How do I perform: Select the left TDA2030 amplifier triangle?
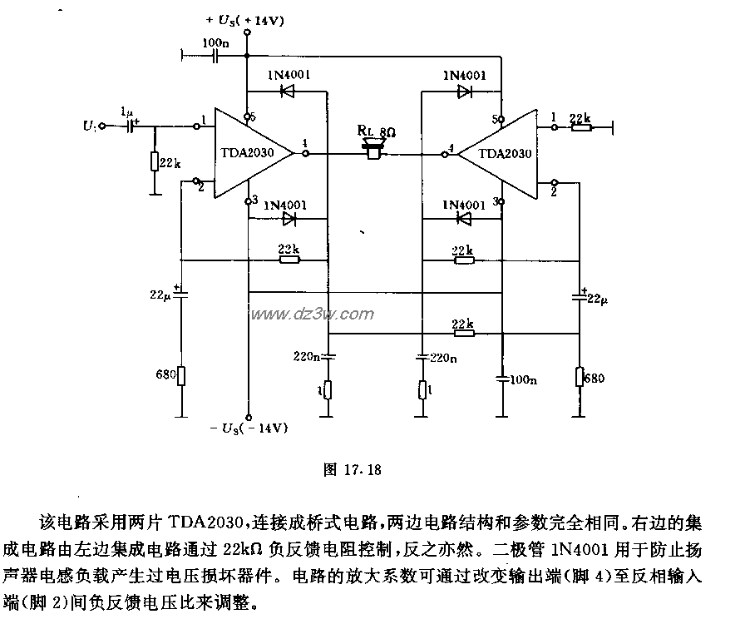[250, 153]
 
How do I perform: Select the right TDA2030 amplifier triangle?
[500, 153]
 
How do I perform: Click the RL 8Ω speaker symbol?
[372, 151]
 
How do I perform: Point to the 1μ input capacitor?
[130, 126]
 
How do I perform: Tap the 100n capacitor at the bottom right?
[502, 379]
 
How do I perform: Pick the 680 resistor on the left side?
[182, 376]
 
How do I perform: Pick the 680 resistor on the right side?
[580, 376]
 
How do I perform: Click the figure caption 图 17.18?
[351, 469]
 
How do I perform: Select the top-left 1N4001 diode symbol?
[289, 92]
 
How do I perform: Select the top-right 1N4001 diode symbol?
[463, 92]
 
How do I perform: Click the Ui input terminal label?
[91, 126]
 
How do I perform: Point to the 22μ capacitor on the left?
[182, 294]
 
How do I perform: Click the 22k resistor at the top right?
[580, 126]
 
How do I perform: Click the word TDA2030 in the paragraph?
[203, 525]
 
